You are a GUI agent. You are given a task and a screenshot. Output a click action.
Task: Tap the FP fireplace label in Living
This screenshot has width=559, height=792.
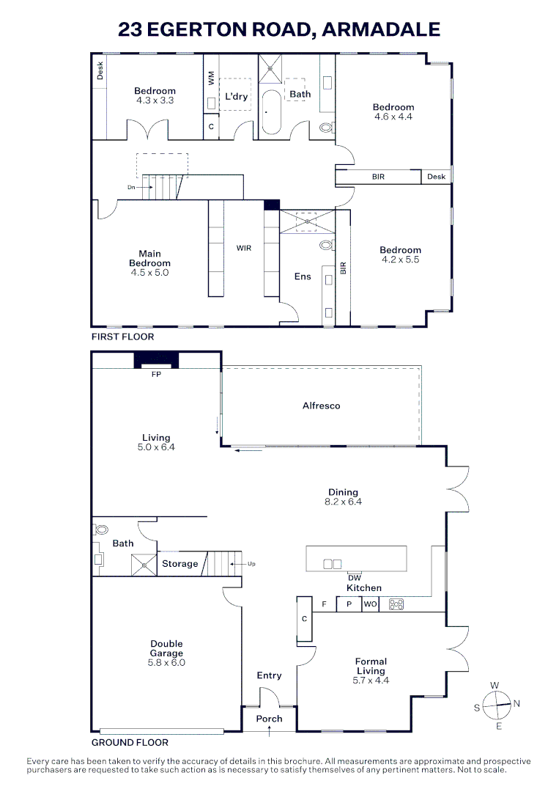click(155, 373)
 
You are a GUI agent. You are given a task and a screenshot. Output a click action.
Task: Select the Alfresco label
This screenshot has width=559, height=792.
click(321, 406)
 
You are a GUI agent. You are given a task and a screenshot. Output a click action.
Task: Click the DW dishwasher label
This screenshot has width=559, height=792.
click(355, 577)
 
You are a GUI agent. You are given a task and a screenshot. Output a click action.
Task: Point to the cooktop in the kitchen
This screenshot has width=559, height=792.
click(396, 604)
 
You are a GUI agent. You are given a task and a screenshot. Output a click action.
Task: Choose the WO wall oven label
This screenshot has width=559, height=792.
click(370, 604)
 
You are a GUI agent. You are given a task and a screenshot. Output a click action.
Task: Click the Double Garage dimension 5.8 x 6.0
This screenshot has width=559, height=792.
click(168, 662)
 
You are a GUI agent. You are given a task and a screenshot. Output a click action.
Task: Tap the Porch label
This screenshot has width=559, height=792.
click(269, 719)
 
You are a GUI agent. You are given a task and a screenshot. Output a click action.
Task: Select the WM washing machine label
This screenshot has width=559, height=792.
click(211, 78)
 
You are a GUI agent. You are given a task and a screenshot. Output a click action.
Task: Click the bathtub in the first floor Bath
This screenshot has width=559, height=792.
click(272, 113)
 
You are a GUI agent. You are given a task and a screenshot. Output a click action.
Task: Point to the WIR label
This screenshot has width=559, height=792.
click(244, 248)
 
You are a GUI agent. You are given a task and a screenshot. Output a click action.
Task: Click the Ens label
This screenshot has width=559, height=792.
click(303, 276)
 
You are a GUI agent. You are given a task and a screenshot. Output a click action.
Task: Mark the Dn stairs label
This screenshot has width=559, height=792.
click(131, 188)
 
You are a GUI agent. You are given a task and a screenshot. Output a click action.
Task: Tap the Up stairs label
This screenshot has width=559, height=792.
click(252, 564)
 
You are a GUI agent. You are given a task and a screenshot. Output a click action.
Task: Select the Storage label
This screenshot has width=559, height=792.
click(179, 564)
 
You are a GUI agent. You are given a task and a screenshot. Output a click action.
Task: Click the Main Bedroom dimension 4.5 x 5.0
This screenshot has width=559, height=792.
click(149, 272)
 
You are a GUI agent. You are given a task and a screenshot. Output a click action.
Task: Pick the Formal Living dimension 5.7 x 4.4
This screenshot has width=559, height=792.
click(371, 680)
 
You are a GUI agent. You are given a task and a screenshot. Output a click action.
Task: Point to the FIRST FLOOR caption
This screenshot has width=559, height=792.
click(122, 337)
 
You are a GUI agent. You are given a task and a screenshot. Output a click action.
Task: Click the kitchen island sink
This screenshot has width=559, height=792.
click(332, 564)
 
